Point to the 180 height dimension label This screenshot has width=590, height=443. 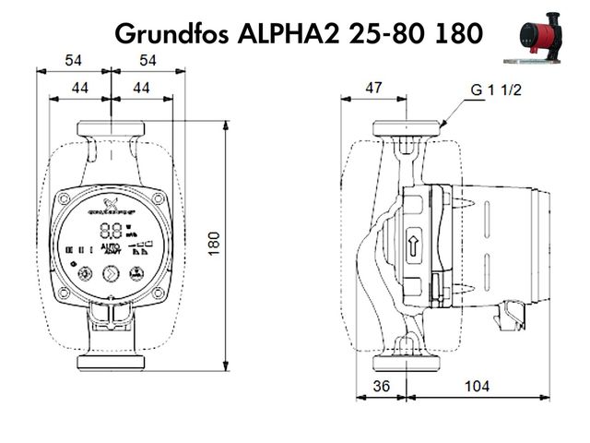215,244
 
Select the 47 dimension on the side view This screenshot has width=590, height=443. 373,88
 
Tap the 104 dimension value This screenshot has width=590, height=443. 477,386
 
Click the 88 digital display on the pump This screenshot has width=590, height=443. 112,231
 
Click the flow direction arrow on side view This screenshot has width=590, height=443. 413,245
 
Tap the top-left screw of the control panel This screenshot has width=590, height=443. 64,198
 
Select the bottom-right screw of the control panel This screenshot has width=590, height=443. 158,294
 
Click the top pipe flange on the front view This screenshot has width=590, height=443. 111,127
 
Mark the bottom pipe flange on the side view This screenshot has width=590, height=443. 406,361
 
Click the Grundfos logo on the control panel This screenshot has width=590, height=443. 112,205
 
